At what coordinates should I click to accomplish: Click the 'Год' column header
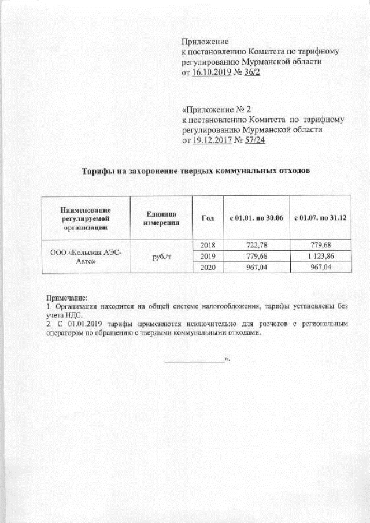click(x=207, y=218)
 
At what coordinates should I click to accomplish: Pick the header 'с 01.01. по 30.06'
click(x=256, y=218)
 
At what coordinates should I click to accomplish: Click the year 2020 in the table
click(x=207, y=267)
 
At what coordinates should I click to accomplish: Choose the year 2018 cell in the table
click(x=207, y=245)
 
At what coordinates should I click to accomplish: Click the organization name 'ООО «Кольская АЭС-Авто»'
click(x=87, y=257)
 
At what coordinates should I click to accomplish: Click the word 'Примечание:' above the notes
click(x=65, y=296)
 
